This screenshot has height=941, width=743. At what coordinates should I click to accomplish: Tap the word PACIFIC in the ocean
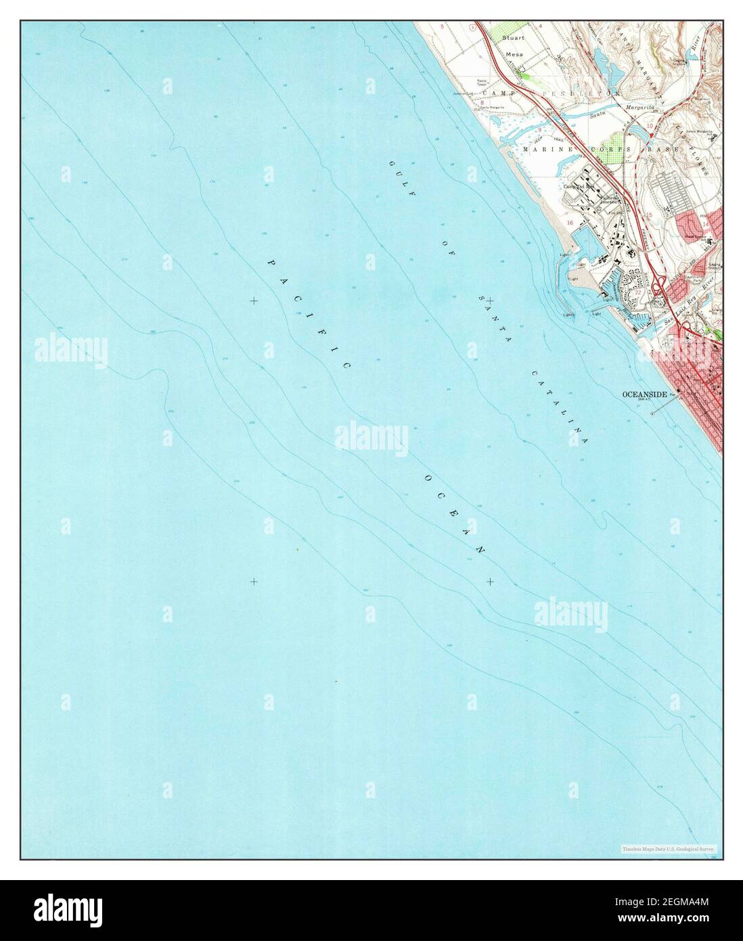pyautogui.click(x=309, y=314)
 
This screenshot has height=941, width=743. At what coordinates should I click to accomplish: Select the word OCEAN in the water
pyautogui.click(x=455, y=515)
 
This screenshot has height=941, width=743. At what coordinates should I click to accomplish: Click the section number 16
pyautogui.click(x=570, y=222)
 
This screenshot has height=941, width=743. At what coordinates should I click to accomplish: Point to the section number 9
pyautogui.click(x=558, y=129)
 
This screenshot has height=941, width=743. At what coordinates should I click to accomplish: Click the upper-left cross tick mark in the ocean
pyautogui.click(x=254, y=301)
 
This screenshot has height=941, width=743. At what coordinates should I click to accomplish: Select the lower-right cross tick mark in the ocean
pyautogui.click(x=490, y=582)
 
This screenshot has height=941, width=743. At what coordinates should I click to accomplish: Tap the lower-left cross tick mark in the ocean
pyautogui.click(x=254, y=582)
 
